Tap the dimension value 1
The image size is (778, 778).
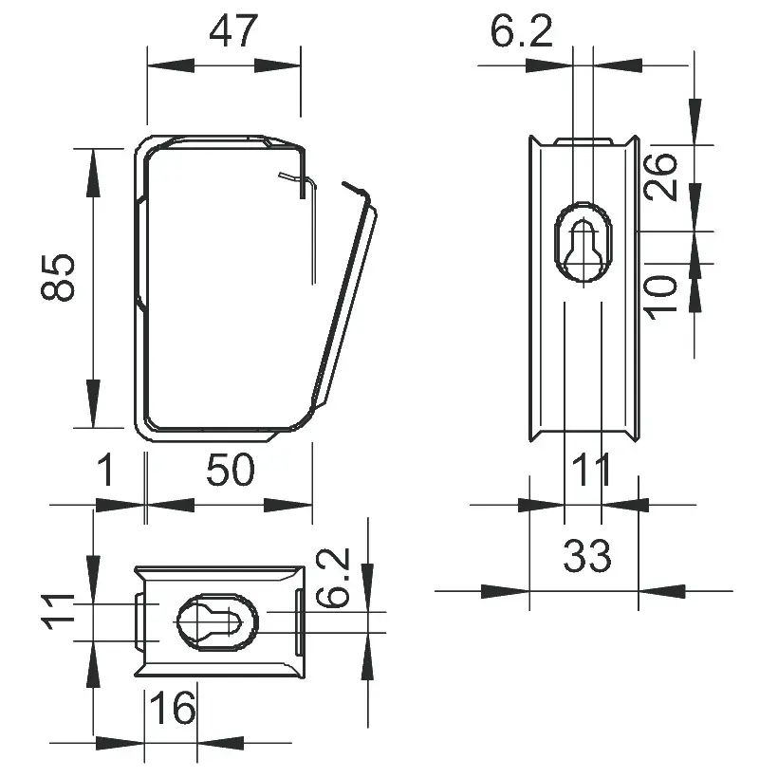pos(108,470)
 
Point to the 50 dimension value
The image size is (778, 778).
pos(232,470)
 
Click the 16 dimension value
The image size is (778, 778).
pos(173,708)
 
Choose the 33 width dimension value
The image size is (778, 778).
pos(587,556)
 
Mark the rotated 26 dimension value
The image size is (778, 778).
pos(664,176)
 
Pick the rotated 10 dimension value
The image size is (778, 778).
pos(664,294)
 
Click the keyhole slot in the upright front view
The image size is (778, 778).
pos(583,243)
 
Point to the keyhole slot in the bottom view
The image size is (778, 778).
pos(218,623)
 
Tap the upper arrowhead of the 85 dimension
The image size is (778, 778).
pos(93,171)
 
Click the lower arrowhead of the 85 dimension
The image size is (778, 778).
pos(93,402)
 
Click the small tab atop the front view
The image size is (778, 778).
pos(583,141)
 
